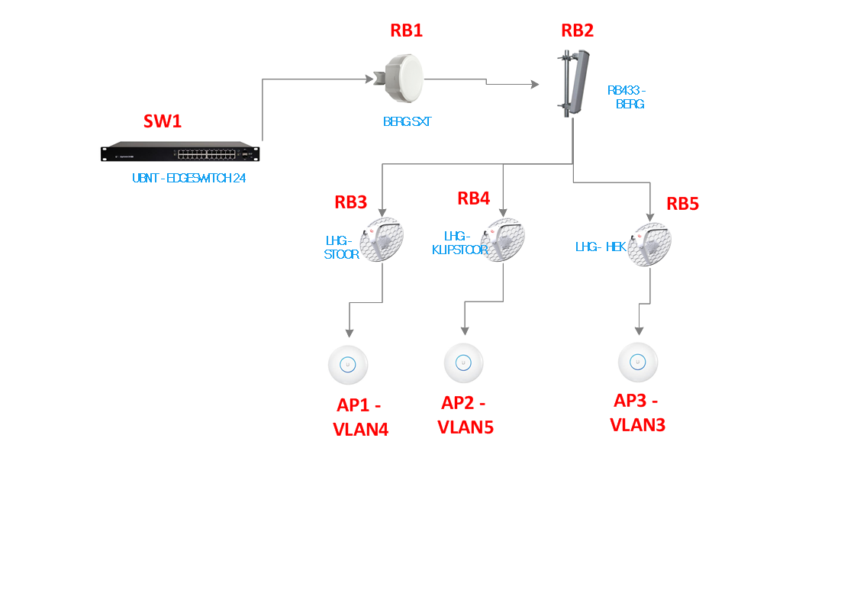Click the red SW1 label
(x=163, y=121)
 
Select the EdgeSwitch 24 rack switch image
(x=179, y=153)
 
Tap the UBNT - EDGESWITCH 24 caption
(x=188, y=179)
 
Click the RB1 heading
(x=406, y=31)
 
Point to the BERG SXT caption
(x=407, y=121)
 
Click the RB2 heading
(x=577, y=31)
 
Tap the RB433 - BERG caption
(x=627, y=97)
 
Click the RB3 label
(x=350, y=202)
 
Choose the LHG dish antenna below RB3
(x=382, y=240)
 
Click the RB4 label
(x=473, y=198)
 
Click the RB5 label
(x=682, y=204)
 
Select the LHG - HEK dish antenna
(x=649, y=244)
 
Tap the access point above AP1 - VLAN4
(x=348, y=365)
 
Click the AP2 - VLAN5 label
(x=465, y=414)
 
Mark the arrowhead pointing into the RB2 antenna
(x=536, y=86)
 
